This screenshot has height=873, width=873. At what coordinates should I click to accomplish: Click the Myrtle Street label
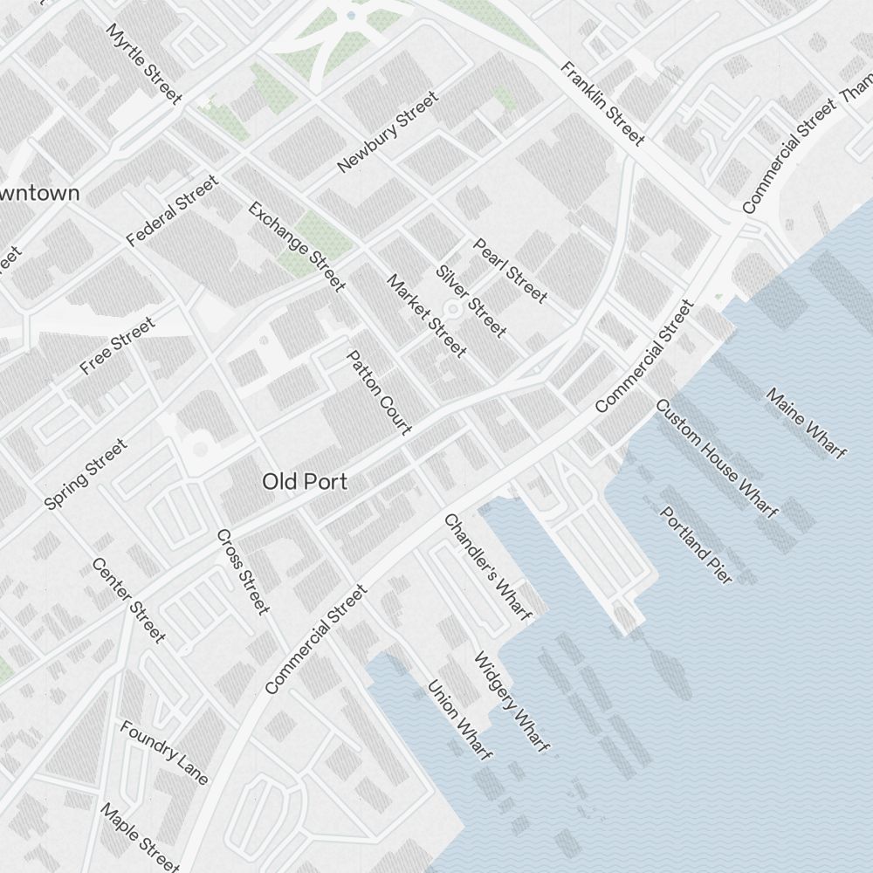pos(143,63)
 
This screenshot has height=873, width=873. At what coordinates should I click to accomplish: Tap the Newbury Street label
pos(386,132)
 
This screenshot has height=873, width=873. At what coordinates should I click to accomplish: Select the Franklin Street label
pos(603,103)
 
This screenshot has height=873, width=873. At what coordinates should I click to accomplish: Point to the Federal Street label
pos(171,211)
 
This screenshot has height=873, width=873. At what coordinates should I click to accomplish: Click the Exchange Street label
pos(297,246)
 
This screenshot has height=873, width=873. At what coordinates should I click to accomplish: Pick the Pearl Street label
pos(510,271)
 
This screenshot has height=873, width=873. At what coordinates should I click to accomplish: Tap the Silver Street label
pos(471,301)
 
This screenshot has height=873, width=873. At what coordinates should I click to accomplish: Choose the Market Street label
pos(426,315)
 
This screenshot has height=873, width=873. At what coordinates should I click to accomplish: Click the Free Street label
pos(117,347)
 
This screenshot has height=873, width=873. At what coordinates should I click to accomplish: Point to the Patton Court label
pos(379,392)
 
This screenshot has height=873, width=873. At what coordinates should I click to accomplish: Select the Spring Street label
pos(86,474)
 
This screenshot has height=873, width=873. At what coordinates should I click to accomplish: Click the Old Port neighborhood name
pos(305,481)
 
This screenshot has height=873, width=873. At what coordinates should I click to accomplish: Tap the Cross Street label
pos(242,572)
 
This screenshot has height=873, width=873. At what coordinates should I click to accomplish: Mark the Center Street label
pos(127,601)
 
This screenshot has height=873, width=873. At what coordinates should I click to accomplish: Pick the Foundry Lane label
pos(164,752)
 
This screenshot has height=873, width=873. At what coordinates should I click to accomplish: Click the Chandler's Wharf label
pos(487,567)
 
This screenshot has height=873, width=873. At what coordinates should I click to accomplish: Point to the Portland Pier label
pos(696,545)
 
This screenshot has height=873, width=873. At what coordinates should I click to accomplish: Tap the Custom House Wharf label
pos(716,458)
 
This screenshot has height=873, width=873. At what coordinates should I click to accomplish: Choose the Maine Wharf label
pos(806,423)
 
